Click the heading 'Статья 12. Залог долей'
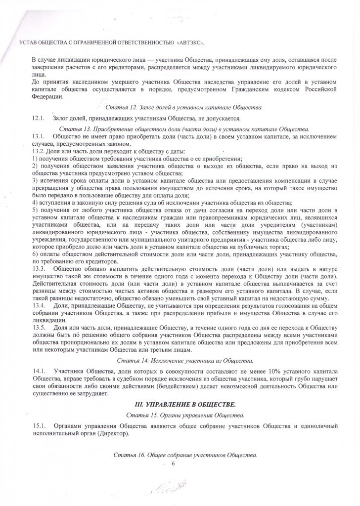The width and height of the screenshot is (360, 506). (184, 107)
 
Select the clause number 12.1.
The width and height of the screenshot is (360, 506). (38, 118)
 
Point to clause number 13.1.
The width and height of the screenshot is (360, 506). (38, 135)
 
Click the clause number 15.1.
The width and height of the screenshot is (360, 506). (38, 426)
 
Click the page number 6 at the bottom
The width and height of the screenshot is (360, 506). (174, 464)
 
